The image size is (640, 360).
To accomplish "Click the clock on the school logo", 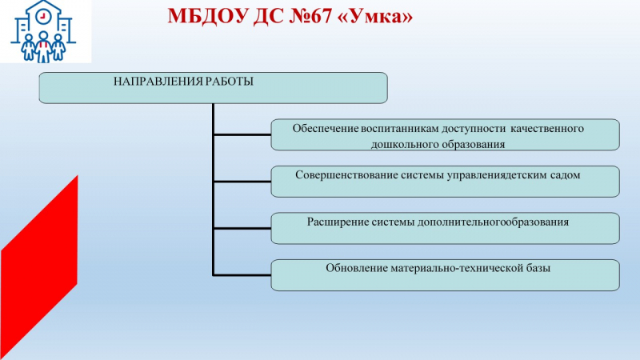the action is click(42, 16).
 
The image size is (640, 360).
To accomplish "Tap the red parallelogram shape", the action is click(39, 267).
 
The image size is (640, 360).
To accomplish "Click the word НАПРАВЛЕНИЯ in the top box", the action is click(158, 82).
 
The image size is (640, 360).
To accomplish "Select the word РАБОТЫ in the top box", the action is click(229, 82).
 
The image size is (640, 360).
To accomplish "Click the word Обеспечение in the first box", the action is click(326, 129).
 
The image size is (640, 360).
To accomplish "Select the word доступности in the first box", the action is click(473, 129).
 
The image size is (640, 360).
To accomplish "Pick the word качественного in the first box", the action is click(547, 129).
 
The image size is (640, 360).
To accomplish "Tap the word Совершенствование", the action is click(346, 175).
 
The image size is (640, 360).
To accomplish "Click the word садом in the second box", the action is click(566, 175).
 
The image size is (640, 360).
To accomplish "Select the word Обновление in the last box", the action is click(356, 268).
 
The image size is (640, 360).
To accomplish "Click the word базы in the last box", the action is click(538, 268).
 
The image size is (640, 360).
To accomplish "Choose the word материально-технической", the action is click(456, 268).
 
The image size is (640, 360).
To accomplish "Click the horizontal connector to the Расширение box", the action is click(242, 228).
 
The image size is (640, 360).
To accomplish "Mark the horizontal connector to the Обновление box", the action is click(242, 275).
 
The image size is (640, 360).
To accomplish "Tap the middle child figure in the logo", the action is click(43, 46).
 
